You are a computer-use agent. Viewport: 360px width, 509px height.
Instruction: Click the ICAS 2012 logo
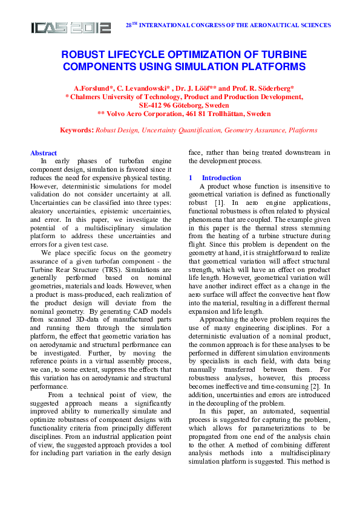71,27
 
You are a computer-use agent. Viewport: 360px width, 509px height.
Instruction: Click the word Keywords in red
77,130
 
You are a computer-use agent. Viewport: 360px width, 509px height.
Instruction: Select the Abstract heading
44,153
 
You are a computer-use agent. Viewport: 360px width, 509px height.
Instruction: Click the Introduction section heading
221,178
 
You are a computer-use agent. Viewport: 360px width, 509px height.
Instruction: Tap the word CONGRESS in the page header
214,25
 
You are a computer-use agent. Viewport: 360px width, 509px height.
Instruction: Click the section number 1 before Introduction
190,178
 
